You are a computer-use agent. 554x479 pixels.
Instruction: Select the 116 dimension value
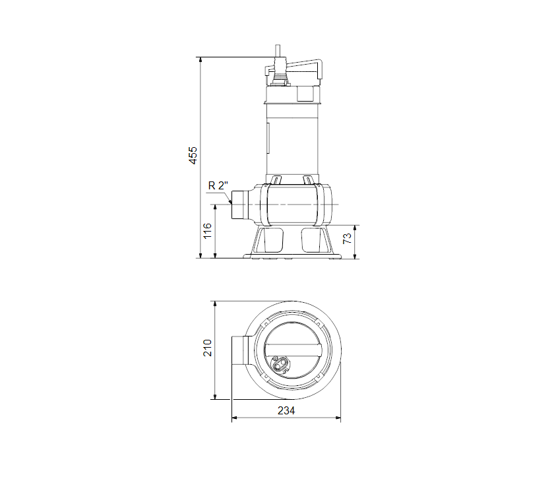(x=208, y=231)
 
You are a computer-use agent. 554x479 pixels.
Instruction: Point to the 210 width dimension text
(x=208, y=348)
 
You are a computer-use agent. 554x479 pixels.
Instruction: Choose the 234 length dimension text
(x=286, y=410)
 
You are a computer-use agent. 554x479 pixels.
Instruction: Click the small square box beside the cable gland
(x=305, y=93)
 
